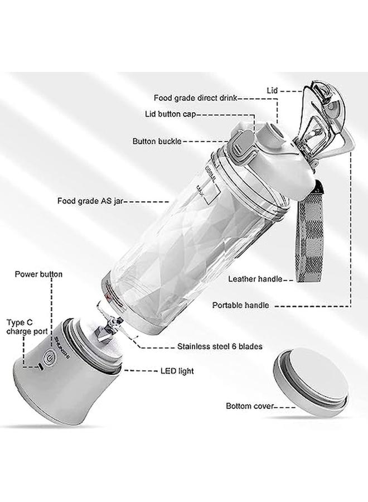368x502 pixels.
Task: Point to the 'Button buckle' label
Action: click(157, 142)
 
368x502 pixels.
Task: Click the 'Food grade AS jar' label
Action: click(90, 200)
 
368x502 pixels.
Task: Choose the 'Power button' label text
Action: click(38, 274)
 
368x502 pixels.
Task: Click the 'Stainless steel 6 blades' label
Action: click(219, 346)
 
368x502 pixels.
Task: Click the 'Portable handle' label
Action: click(240, 306)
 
